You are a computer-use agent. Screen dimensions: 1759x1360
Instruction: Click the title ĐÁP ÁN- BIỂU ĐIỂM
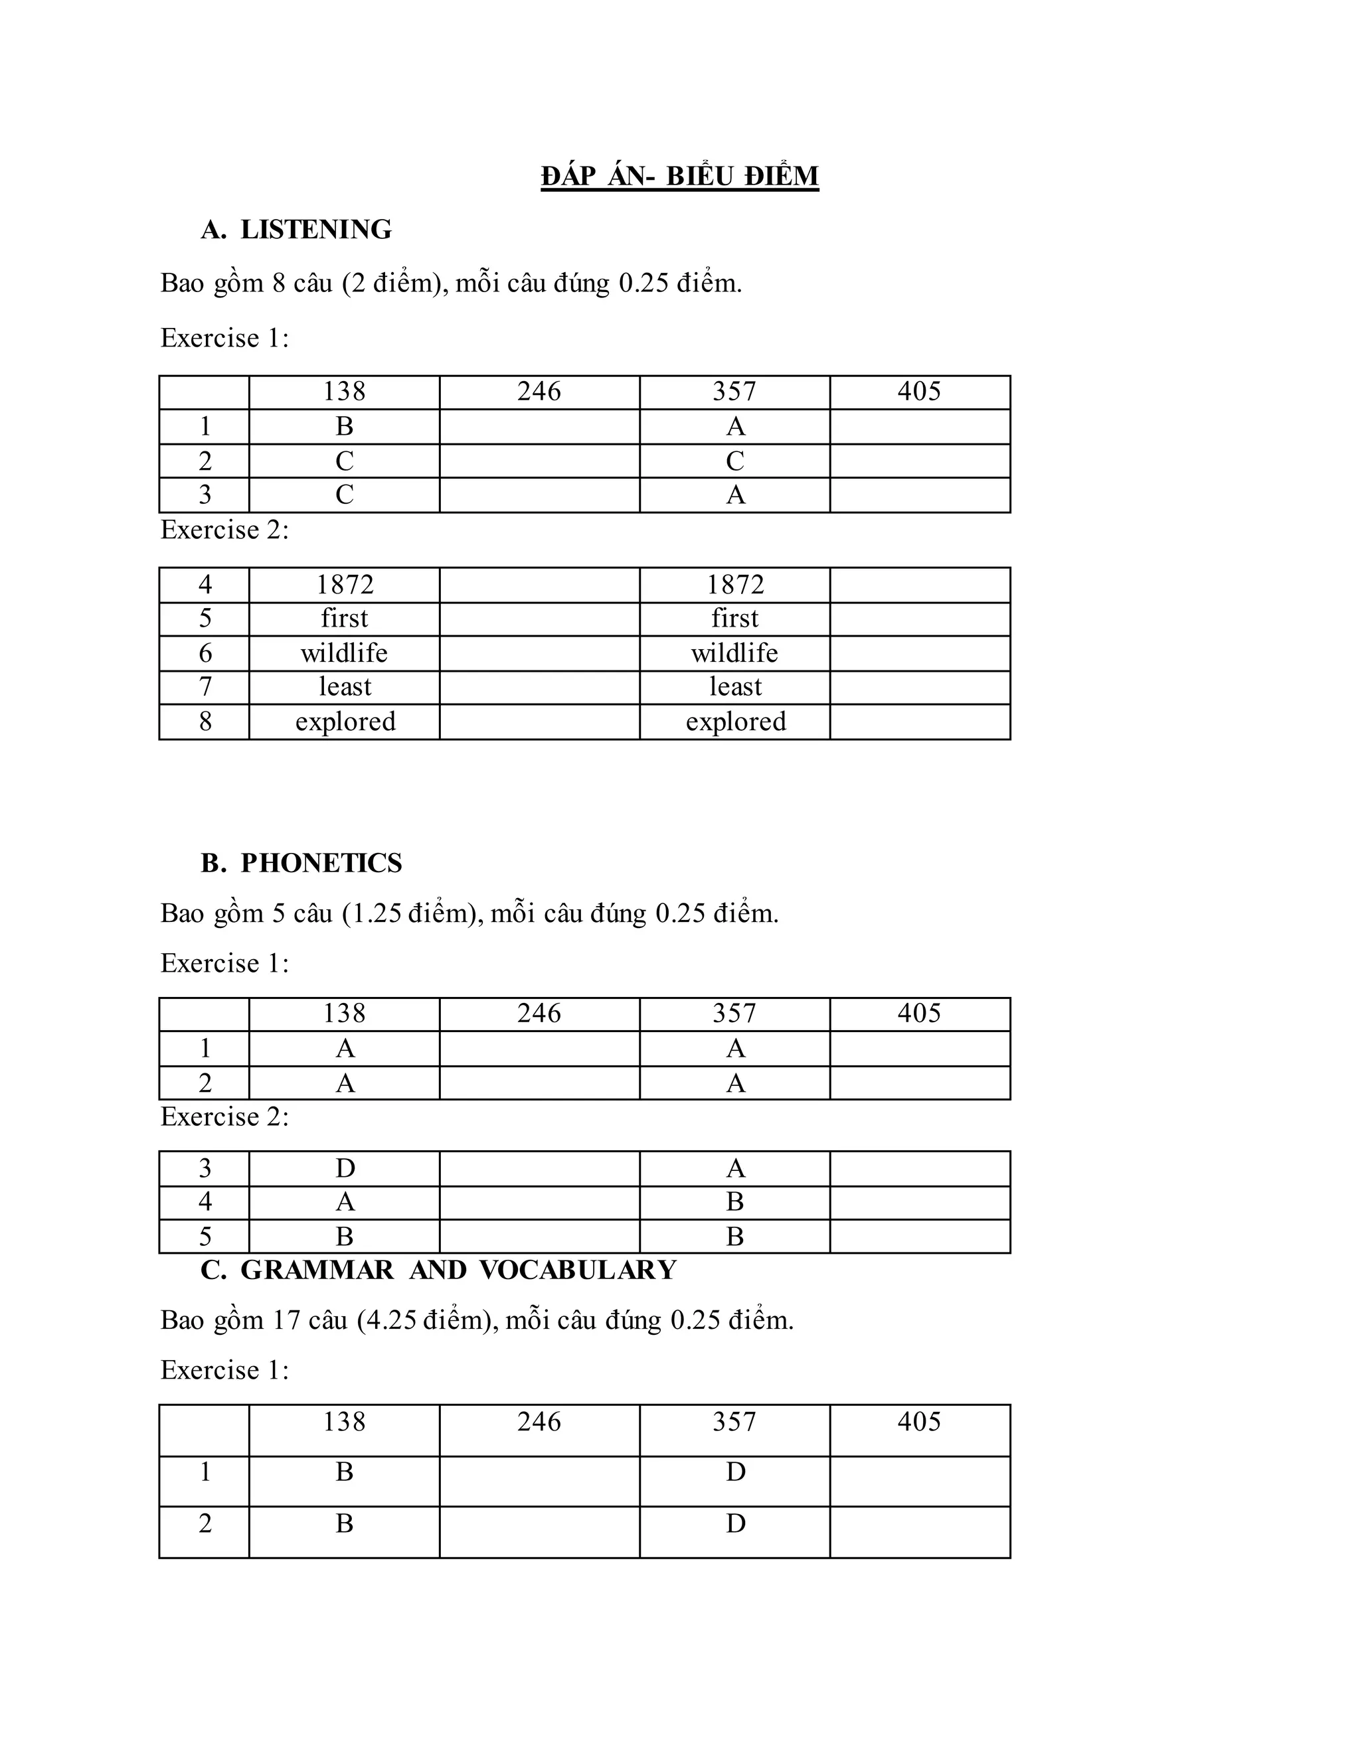(679, 176)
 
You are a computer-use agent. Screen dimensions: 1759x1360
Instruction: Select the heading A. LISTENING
(296, 230)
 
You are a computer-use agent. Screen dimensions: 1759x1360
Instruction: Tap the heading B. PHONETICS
(301, 863)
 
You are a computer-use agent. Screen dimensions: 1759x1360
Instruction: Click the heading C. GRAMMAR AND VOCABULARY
(438, 1269)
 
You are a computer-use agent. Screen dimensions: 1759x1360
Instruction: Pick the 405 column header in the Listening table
(919, 392)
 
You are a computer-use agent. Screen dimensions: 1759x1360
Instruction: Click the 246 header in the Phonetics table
(539, 1013)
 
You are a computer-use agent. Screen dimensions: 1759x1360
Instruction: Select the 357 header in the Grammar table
(734, 1422)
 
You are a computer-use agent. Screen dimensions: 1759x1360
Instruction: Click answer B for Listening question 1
(344, 426)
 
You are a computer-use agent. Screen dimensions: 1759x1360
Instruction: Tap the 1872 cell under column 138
(344, 585)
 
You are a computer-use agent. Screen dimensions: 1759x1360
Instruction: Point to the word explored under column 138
(345, 722)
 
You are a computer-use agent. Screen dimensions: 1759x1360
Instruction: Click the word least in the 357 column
(735, 687)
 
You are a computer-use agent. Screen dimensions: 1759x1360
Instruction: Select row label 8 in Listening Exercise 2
(205, 722)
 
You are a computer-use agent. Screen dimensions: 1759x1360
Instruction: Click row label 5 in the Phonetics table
(205, 1237)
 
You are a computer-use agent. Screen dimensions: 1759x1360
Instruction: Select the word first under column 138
(344, 619)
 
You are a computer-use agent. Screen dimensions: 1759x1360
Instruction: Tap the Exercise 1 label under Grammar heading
(224, 1370)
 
